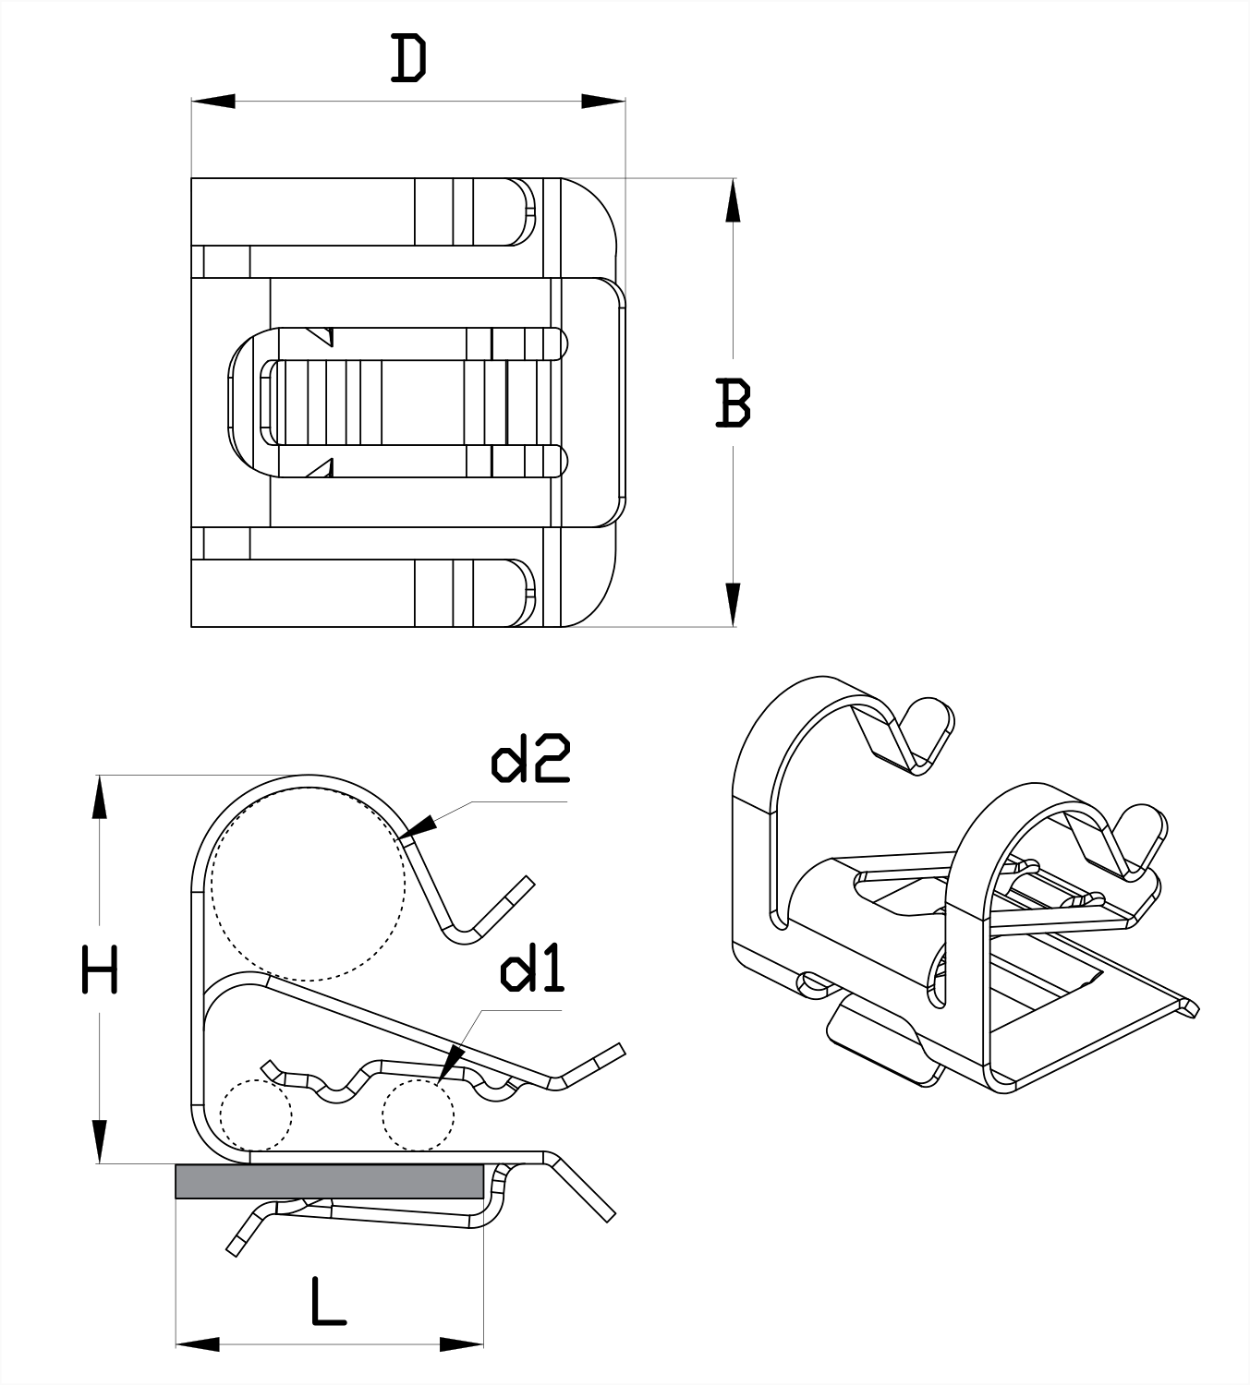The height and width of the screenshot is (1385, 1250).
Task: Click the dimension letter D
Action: point(409,59)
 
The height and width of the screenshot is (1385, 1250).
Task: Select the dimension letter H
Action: point(100,969)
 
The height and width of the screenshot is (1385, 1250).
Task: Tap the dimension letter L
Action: point(327,1302)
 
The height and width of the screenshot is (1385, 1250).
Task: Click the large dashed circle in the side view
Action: point(308,885)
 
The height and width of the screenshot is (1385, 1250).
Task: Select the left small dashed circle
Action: point(256,1114)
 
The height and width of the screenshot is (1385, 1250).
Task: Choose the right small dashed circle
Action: point(419,1114)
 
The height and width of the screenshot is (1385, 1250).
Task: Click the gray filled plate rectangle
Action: point(329,1181)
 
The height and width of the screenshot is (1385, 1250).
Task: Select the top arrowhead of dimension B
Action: point(733,200)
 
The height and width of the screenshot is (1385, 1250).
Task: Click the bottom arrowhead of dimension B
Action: point(733,605)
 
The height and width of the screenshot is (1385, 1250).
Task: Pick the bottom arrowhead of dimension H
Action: point(100,1142)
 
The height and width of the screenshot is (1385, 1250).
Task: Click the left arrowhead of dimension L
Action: point(198,1343)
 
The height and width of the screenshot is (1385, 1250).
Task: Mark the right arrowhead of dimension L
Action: point(461,1343)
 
